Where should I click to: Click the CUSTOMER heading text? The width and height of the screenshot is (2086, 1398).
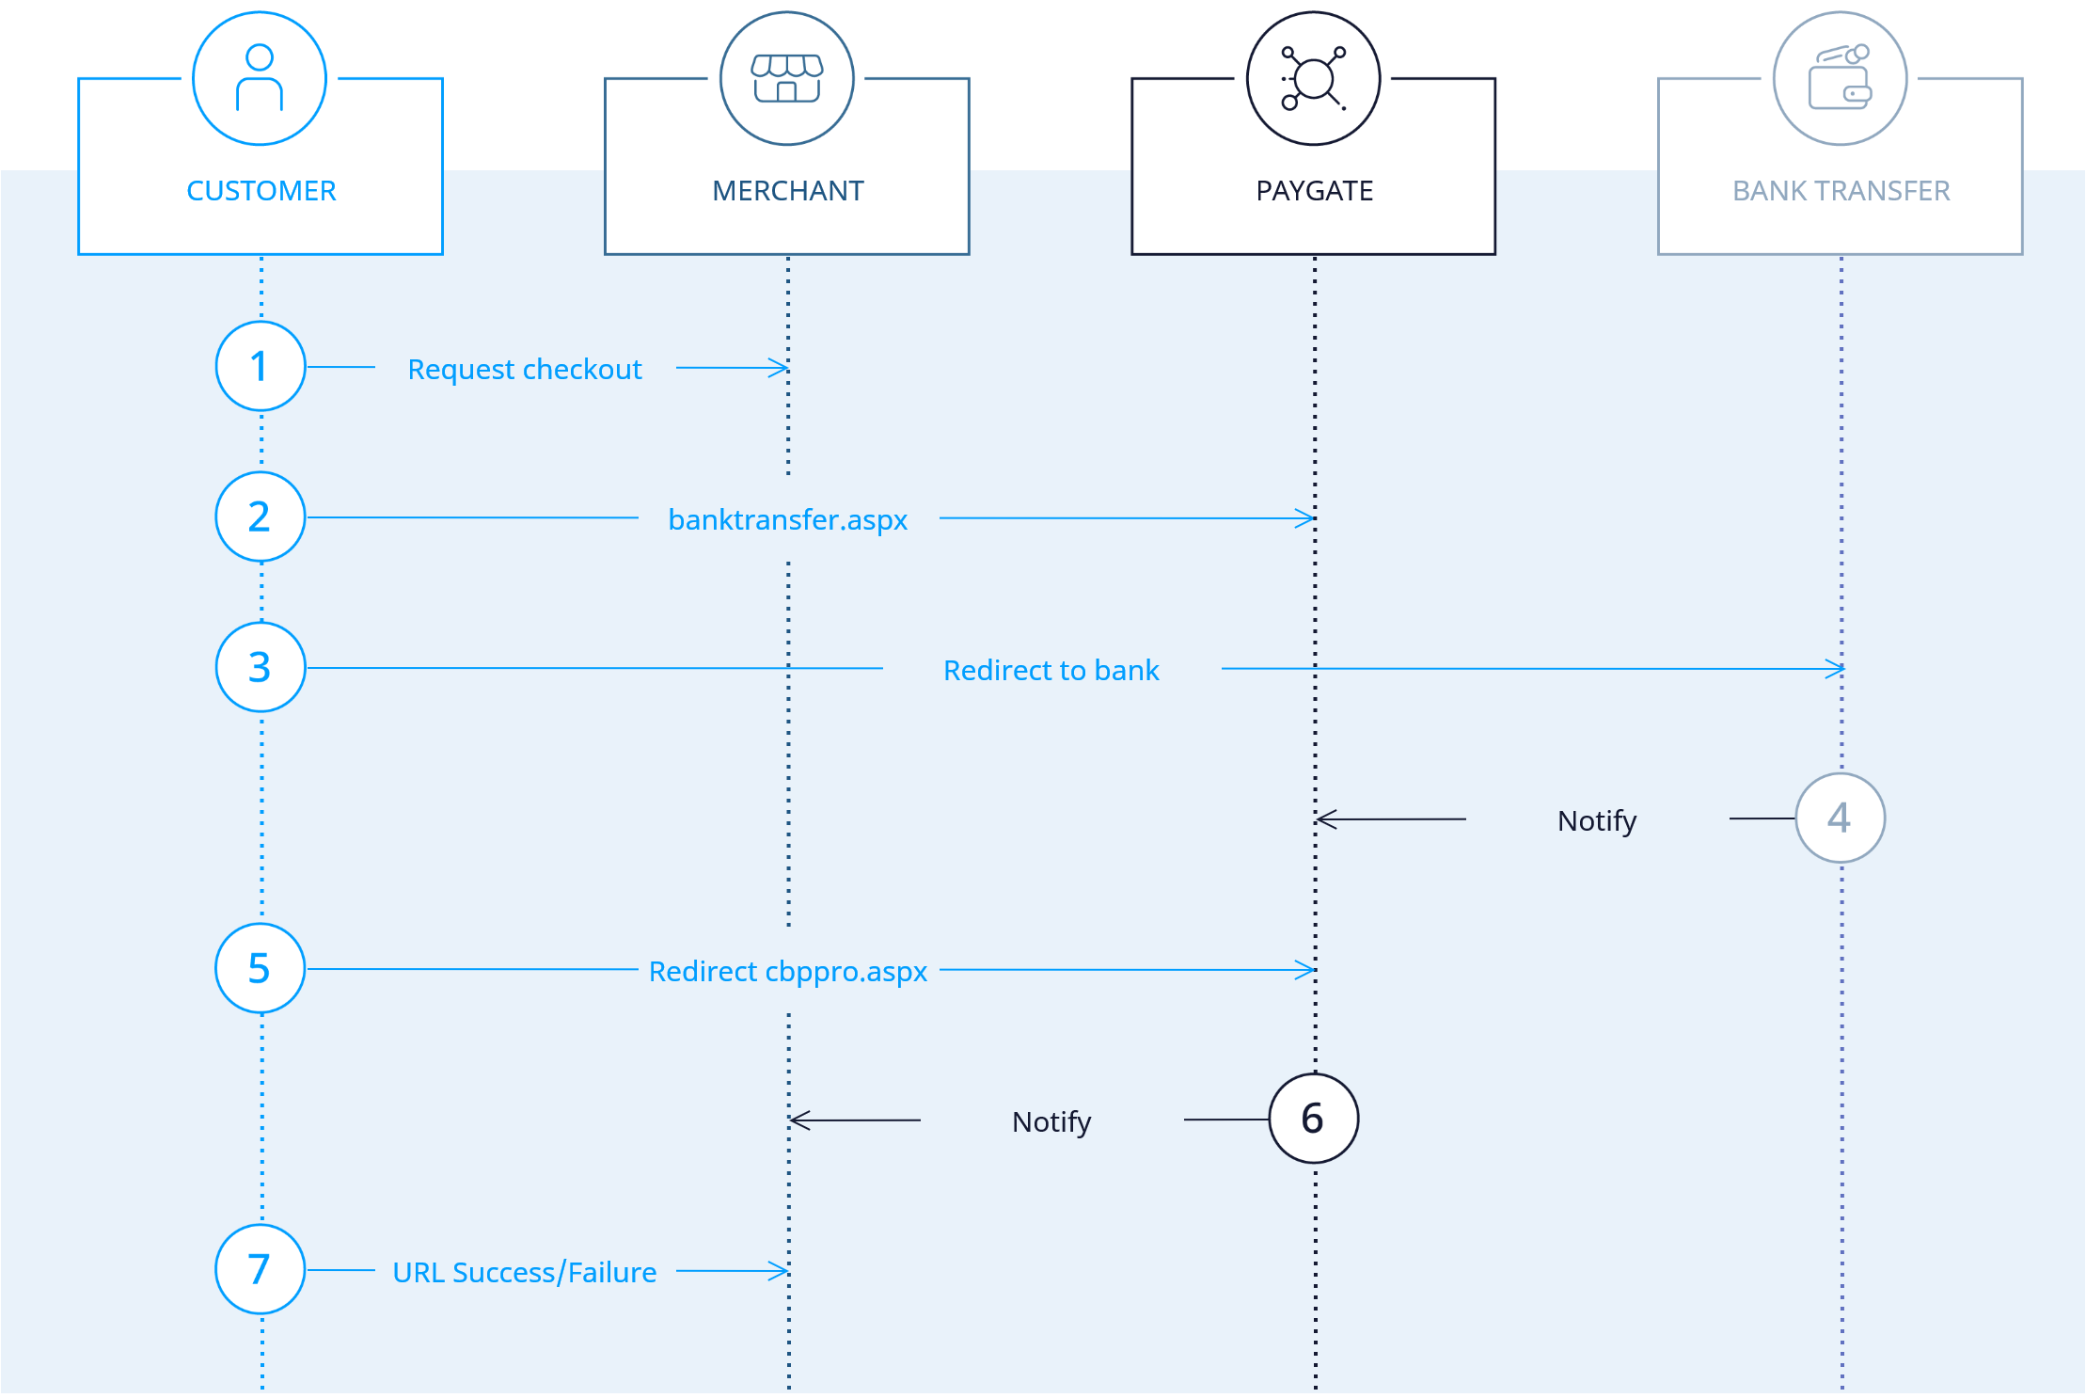[261, 191]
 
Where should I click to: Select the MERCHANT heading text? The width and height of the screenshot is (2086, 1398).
[788, 191]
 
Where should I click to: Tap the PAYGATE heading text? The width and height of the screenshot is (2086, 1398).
[1315, 191]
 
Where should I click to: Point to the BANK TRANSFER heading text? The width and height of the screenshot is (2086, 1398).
[1841, 191]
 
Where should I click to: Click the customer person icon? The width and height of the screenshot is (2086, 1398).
[260, 78]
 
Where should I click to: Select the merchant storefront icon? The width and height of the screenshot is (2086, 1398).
[787, 78]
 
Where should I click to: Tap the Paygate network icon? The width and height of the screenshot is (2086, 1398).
[1314, 78]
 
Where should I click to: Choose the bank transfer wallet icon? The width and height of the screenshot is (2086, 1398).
[1841, 77]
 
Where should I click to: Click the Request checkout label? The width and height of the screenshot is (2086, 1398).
[525, 370]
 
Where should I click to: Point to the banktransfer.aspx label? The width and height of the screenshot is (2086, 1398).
[788, 519]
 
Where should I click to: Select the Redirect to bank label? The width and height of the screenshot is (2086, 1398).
[1051, 670]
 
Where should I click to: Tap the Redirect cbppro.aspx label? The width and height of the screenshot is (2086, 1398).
[788, 972]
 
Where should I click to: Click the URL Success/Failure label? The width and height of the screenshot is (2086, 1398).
[525, 1273]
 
